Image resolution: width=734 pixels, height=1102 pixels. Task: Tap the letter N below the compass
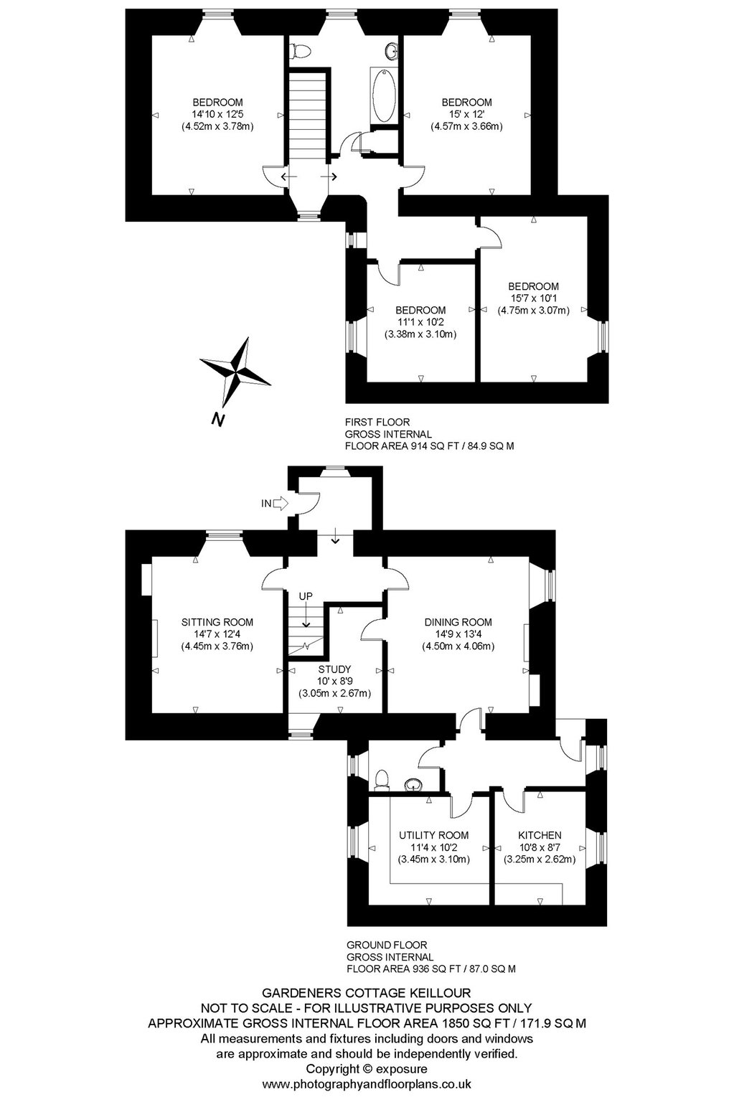click(x=217, y=419)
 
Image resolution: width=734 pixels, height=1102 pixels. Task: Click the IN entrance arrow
click(x=280, y=503)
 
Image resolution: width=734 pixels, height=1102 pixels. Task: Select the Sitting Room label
click(x=217, y=622)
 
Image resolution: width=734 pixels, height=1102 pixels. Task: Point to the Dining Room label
click(x=458, y=622)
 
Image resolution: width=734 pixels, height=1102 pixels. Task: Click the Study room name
click(x=334, y=669)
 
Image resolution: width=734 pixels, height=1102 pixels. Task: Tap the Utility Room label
click(x=433, y=835)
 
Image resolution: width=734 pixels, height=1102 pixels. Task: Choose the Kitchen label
click(x=540, y=835)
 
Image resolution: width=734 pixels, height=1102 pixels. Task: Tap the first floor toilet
click(x=300, y=50)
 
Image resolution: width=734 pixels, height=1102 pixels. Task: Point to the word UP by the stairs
click(x=306, y=595)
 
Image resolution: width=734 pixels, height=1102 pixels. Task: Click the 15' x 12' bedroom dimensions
click(x=467, y=114)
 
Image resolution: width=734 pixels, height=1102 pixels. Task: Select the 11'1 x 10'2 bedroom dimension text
click(x=420, y=322)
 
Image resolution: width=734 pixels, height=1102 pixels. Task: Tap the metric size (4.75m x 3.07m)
click(x=533, y=311)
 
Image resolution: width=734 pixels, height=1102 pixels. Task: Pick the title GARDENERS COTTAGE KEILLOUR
click(x=367, y=993)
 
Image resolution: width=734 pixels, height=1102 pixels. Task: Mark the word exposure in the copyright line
click(x=401, y=1069)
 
